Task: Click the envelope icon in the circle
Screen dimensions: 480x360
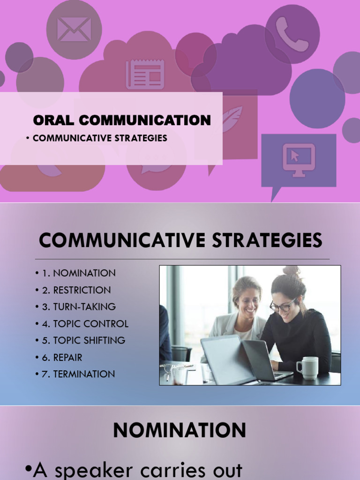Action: (x=74, y=29)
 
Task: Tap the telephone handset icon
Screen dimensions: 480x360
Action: (x=292, y=34)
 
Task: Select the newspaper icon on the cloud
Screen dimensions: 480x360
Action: (x=145, y=74)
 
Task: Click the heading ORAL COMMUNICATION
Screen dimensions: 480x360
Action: (x=122, y=120)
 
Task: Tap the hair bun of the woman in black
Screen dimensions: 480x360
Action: (x=292, y=271)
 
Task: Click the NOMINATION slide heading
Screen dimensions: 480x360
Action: (x=180, y=430)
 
